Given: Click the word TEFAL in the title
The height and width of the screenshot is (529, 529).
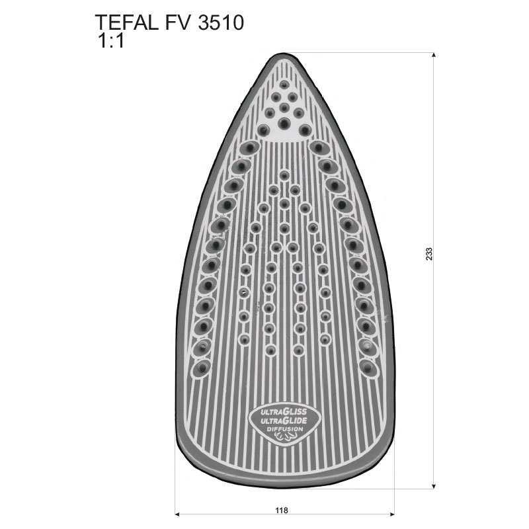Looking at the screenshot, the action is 126,22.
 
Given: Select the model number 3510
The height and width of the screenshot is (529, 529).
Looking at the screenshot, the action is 221,22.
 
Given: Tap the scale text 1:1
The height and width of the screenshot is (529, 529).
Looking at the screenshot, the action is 110,41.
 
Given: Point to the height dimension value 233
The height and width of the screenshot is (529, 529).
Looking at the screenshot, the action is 428,254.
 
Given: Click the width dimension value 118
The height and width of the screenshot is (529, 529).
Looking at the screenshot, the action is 282,510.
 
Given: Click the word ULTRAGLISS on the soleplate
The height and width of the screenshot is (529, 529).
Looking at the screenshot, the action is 284,412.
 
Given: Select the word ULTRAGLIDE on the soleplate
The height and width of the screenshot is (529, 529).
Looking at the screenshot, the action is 284,421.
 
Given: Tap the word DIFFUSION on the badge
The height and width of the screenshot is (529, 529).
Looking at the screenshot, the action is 285,429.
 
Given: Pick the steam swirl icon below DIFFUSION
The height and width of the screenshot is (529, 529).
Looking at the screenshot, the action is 284,438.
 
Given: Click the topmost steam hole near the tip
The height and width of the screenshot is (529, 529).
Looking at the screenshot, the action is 284,85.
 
